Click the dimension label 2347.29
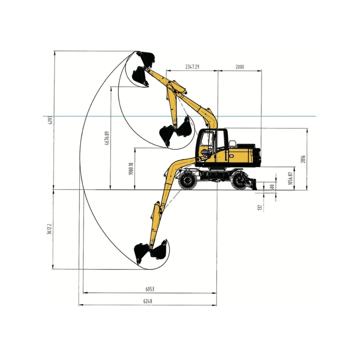coord(192,67)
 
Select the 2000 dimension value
coord(240,67)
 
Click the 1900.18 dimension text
coord(131,169)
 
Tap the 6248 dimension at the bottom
coord(148,301)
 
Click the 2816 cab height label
coord(303,159)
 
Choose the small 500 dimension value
coord(272,187)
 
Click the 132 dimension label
coord(260,208)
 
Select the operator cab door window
coord(207,143)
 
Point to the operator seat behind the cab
coord(232,144)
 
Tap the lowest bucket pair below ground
coord(151,252)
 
